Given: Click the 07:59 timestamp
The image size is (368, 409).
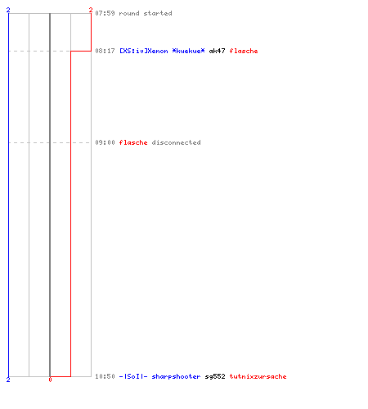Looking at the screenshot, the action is [105, 13].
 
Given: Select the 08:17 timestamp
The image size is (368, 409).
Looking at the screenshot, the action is [105, 51].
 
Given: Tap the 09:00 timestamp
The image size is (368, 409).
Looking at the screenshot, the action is [105, 142].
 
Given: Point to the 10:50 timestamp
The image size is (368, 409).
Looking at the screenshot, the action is [105, 376].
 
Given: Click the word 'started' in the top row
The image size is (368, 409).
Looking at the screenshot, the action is [158, 13].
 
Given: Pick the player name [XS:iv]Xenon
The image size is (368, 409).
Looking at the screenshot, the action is [144, 51].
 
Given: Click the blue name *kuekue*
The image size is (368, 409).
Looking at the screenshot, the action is [188, 51].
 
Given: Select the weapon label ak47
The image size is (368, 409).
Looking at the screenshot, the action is [217, 51].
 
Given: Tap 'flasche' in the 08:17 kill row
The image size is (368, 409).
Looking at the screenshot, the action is [244, 51].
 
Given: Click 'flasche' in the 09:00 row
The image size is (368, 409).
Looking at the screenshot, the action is [133, 142].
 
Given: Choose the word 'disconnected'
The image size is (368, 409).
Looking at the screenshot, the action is [176, 142].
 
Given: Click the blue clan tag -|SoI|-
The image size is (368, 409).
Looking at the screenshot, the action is [133, 376].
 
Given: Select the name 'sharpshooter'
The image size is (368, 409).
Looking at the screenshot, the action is [176, 376].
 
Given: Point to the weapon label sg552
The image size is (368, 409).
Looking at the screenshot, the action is [215, 376].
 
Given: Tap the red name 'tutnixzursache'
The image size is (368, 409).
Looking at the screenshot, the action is [258, 376].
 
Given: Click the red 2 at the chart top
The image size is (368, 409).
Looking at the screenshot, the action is [91, 10].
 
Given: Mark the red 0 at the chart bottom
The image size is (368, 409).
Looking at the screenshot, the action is [50, 380].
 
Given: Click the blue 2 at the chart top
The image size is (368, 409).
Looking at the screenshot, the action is [8, 10].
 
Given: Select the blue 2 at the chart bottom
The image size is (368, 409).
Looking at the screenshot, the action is [8, 380].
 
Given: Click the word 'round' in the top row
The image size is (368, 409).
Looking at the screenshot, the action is [129, 13].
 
